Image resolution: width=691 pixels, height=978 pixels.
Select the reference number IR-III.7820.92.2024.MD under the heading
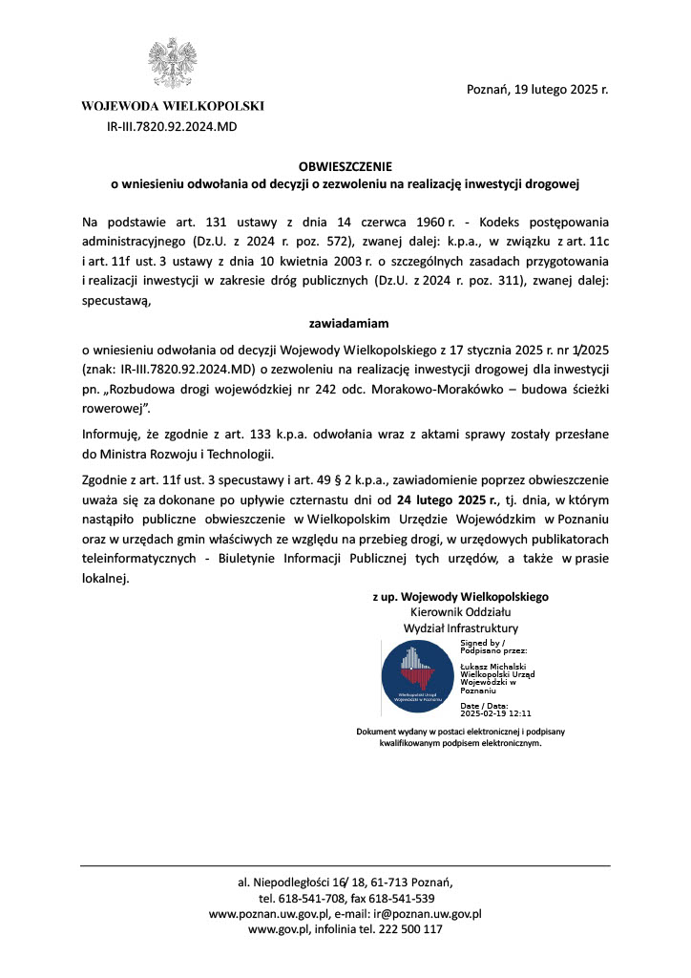(172, 125)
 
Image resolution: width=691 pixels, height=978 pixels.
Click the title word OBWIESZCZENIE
(345, 165)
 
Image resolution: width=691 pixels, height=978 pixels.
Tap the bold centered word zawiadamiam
(345, 323)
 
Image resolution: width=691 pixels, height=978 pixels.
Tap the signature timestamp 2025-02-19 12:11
(495, 712)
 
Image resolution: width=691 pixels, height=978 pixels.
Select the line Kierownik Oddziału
(460, 611)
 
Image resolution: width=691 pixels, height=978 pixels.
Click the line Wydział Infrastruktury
(461, 628)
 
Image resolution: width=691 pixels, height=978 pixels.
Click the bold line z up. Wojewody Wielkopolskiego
(460, 596)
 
